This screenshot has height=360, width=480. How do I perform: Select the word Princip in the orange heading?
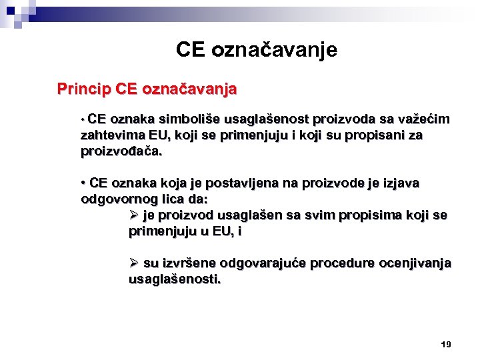coord(83,88)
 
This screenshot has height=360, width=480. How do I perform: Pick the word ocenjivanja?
coord(415,263)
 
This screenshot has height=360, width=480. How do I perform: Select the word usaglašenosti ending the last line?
coord(175,279)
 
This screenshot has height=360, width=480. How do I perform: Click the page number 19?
coord(446,344)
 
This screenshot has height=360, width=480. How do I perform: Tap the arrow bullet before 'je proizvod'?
coord(134,215)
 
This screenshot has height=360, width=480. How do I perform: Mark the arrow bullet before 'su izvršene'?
coord(134,263)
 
